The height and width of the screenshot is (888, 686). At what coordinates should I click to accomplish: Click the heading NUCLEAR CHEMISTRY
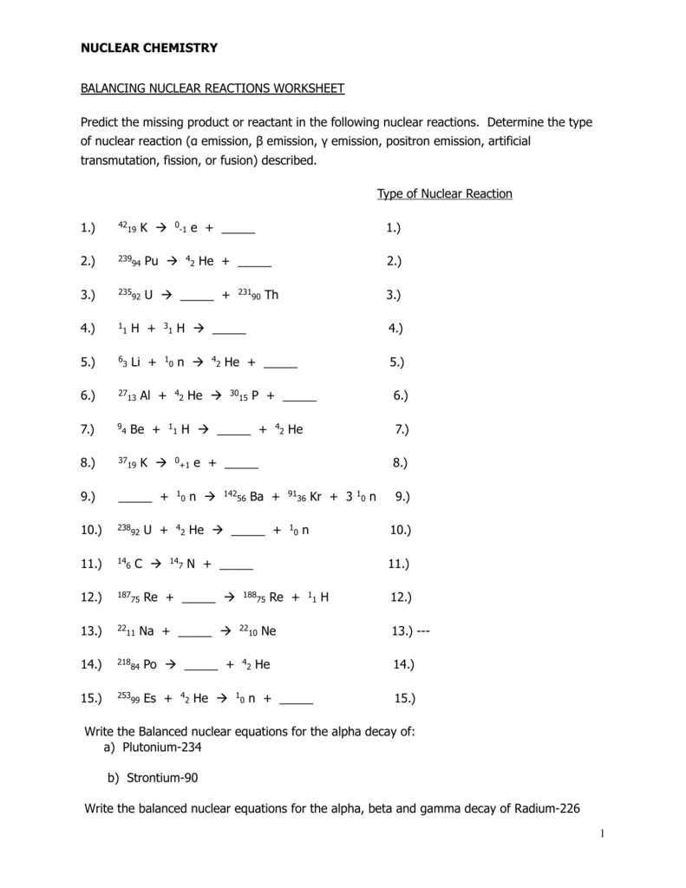click(x=149, y=48)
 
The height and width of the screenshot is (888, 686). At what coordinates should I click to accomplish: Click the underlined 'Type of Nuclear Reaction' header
click(x=444, y=193)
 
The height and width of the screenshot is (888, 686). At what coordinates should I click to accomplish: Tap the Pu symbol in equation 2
click(x=152, y=261)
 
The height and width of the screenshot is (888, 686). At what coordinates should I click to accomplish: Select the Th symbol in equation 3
click(x=271, y=295)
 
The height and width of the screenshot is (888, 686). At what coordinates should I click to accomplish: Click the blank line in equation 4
click(x=229, y=329)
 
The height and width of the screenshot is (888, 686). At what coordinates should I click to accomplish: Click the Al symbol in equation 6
click(x=145, y=395)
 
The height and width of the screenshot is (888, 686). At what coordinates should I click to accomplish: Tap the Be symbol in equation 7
click(x=137, y=429)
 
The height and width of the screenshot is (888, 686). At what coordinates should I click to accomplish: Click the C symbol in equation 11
click(x=139, y=564)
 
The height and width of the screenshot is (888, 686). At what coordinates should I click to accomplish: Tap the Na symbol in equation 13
click(x=146, y=630)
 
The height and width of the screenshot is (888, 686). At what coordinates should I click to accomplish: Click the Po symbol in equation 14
click(x=149, y=664)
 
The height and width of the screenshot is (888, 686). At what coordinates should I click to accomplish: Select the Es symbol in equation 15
click(x=149, y=697)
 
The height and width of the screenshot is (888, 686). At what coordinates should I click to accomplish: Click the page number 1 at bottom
click(x=600, y=834)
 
